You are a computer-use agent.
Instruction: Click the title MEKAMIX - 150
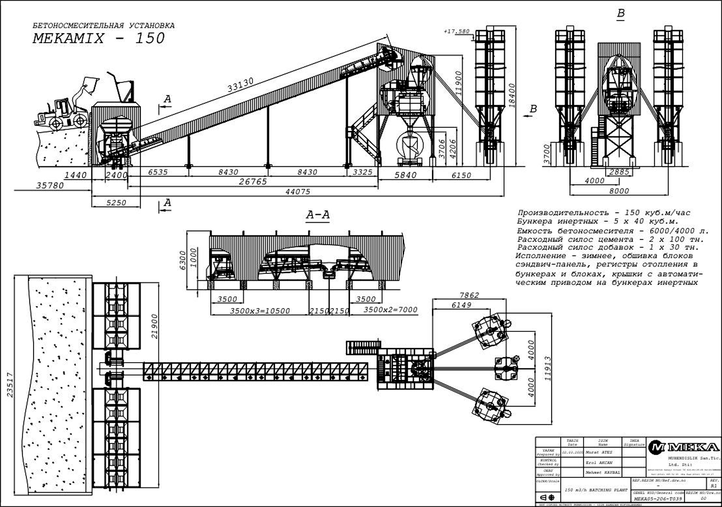pos(99,38)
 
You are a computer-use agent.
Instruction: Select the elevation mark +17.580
pos(457,31)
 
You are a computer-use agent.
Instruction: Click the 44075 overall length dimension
pos(297,192)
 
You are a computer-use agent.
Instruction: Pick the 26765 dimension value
pos(253,182)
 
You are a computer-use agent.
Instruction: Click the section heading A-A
pos(318,215)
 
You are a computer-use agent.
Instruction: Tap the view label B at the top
pos(621,13)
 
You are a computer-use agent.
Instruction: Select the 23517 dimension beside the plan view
pos(10,385)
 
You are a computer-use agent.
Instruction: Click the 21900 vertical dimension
pos(155,326)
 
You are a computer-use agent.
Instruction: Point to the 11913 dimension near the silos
pos(548,368)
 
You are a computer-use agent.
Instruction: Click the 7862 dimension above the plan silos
pos(469,295)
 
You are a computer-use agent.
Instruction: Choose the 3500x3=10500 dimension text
pos(260,311)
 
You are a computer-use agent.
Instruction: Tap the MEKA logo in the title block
pos(683,447)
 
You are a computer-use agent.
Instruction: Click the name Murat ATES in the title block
pos(599,452)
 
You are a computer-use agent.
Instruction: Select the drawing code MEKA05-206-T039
pos(658,499)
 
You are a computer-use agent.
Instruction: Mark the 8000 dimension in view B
pos(619,191)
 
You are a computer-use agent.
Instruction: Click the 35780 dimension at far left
pos(49,186)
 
